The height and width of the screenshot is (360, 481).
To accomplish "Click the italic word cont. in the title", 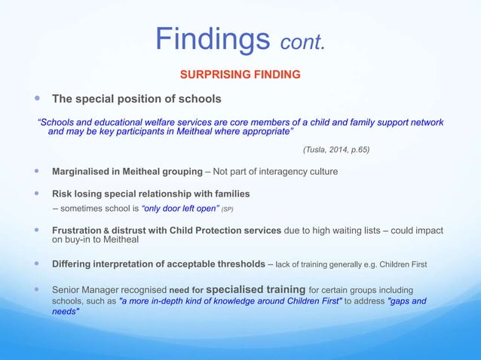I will [303, 42].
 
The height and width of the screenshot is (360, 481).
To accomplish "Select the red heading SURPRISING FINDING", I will [239, 75].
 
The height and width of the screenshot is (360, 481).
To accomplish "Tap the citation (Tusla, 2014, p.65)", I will [336, 149].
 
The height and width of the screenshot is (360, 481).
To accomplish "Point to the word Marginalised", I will [81, 172].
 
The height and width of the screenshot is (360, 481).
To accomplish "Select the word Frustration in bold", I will [78, 230].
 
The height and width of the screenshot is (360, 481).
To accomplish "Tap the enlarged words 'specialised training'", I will [256, 289].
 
